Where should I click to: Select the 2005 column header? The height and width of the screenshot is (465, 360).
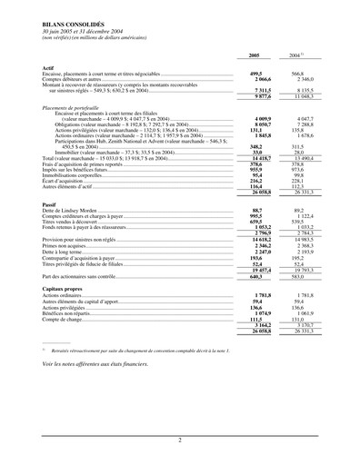254,55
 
